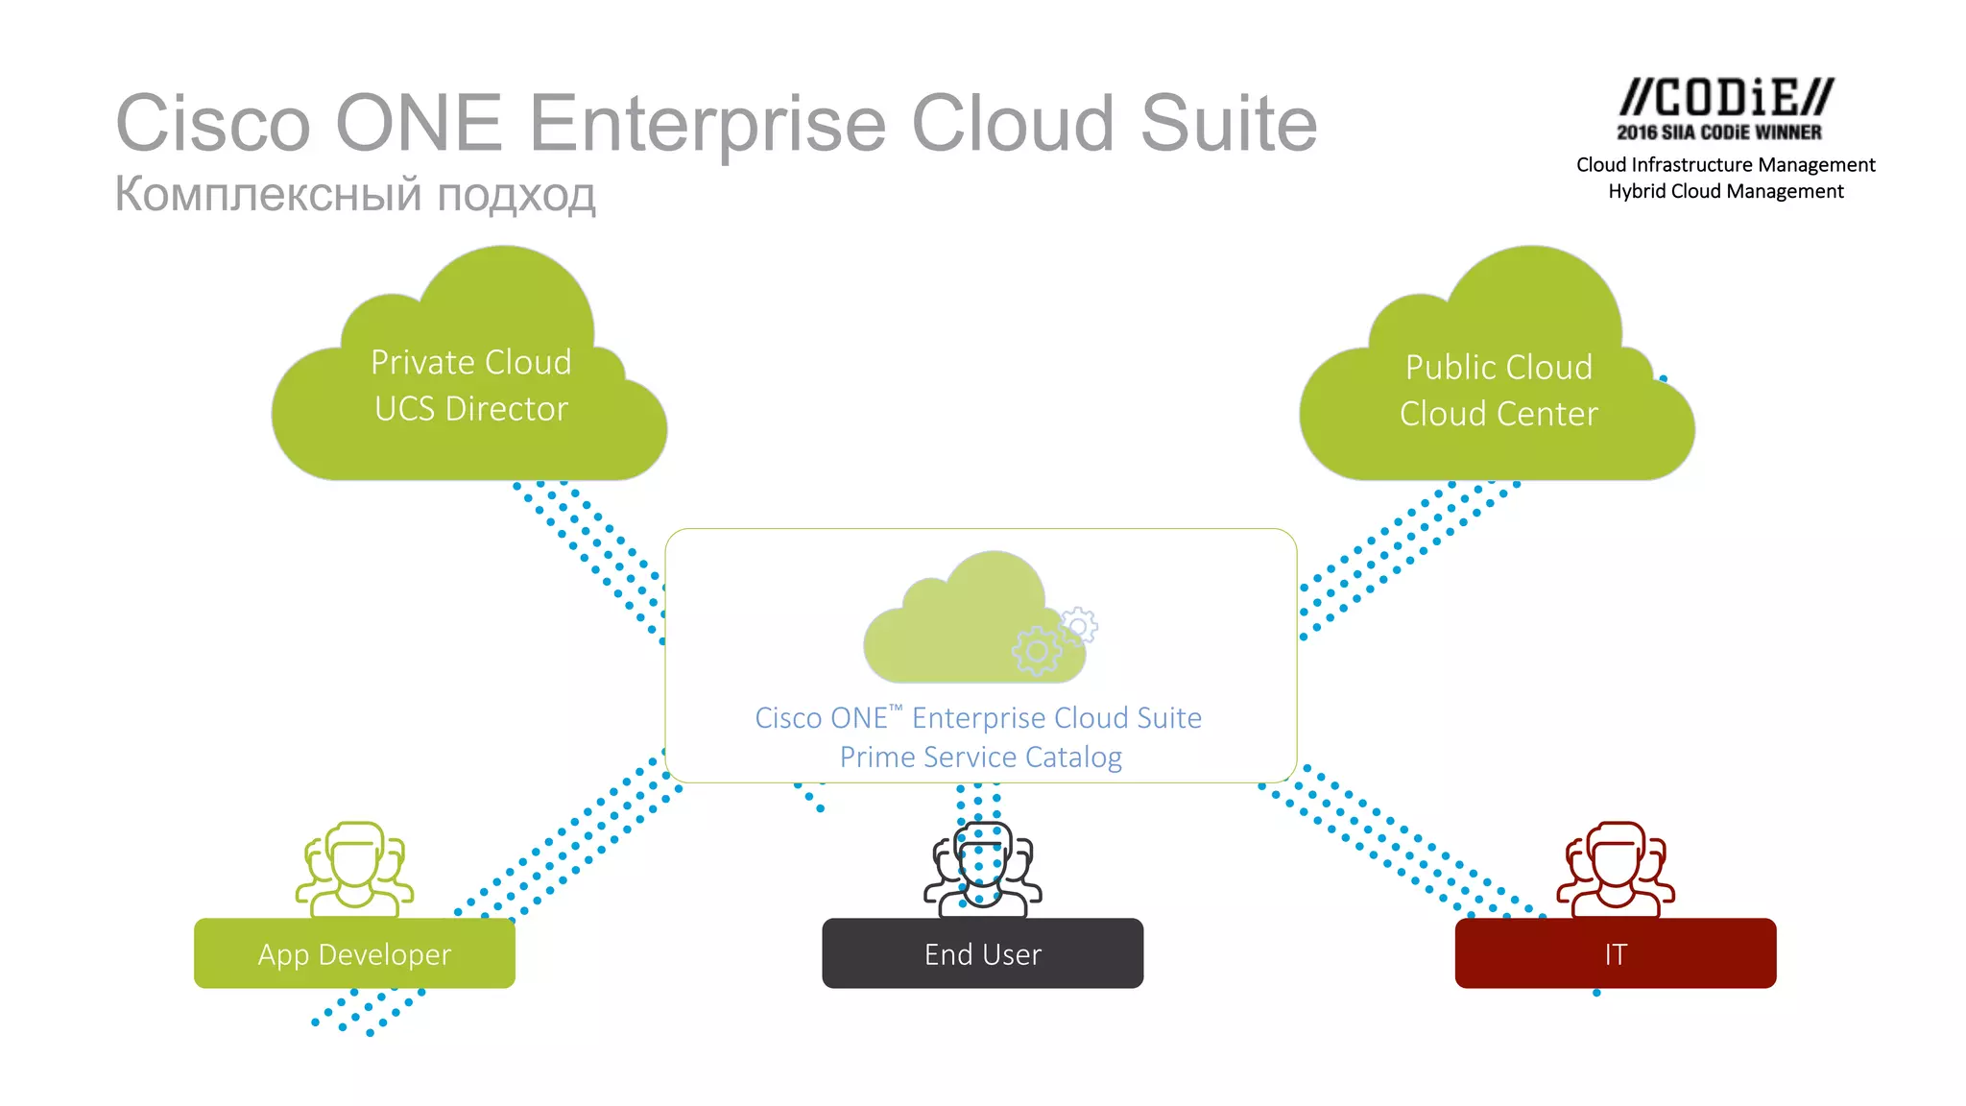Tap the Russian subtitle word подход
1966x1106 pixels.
(516, 194)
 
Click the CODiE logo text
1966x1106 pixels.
(1725, 98)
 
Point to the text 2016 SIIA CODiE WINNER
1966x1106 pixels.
(1718, 132)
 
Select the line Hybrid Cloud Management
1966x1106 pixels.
(1725, 191)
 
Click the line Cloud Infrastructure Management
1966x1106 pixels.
(1725, 165)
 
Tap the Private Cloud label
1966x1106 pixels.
(470, 362)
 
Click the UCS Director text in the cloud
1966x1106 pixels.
(470, 409)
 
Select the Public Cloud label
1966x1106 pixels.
(1498, 367)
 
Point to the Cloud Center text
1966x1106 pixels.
(1498, 414)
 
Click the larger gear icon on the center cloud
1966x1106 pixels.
(1036, 652)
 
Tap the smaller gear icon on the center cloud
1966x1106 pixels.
(1079, 626)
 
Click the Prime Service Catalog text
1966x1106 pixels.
(980, 757)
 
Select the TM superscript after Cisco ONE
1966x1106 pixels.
(896, 709)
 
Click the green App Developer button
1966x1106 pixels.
(354, 953)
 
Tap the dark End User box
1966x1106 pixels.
(982, 953)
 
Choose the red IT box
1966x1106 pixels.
(1615, 953)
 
